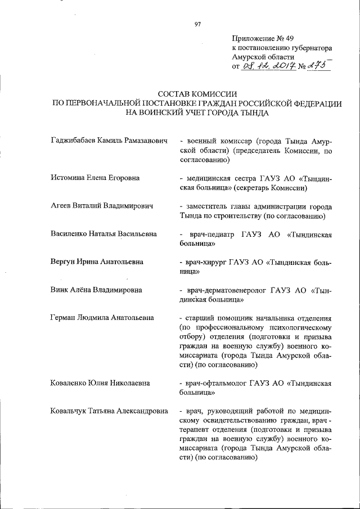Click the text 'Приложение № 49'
tap(263, 38)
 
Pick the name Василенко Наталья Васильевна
tap(103, 233)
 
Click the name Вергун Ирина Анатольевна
tap(96, 262)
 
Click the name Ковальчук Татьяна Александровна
tap(109, 411)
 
